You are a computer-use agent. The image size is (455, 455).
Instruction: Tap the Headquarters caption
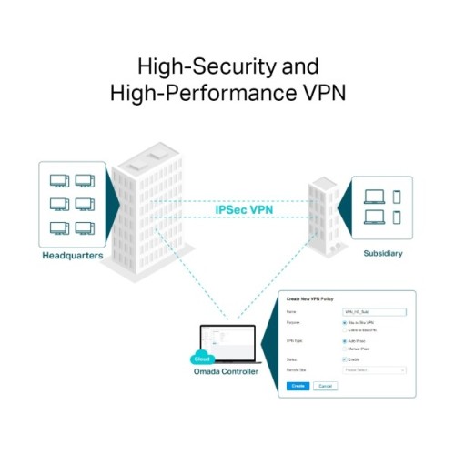[x=72, y=256]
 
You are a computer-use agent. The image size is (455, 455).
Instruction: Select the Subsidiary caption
[x=382, y=252]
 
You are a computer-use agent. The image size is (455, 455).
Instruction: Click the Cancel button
[x=324, y=386]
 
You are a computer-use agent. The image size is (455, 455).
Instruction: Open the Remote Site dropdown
[x=374, y=370]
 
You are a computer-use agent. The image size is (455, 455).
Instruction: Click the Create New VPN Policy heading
[x=312, y=299]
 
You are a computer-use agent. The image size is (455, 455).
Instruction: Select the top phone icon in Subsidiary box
[x=398, y=195]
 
